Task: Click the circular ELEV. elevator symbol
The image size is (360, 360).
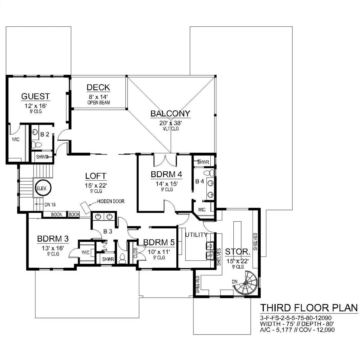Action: [43, 187]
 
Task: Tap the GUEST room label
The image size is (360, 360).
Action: [35, 96]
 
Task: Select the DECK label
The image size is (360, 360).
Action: [98, 87]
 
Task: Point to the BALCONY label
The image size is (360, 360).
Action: [170, 113]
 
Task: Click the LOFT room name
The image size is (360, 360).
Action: [96, 176]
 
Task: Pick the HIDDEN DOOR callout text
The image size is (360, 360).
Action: [111, 201]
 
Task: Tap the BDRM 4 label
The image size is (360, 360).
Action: [166, 174]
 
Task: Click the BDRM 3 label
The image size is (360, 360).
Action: [53, 239]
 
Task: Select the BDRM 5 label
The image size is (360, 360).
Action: [159, 242]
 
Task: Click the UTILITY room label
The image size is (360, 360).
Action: [196, 235]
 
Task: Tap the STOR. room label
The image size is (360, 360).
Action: [238, 252]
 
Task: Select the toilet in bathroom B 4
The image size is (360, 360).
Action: [209, 173]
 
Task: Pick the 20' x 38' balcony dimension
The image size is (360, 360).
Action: [171, 123]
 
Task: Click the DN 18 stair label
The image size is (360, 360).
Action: [50, 205]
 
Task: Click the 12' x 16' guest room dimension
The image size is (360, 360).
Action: [35, 106]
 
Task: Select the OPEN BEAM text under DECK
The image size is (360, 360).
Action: [99, 103]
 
